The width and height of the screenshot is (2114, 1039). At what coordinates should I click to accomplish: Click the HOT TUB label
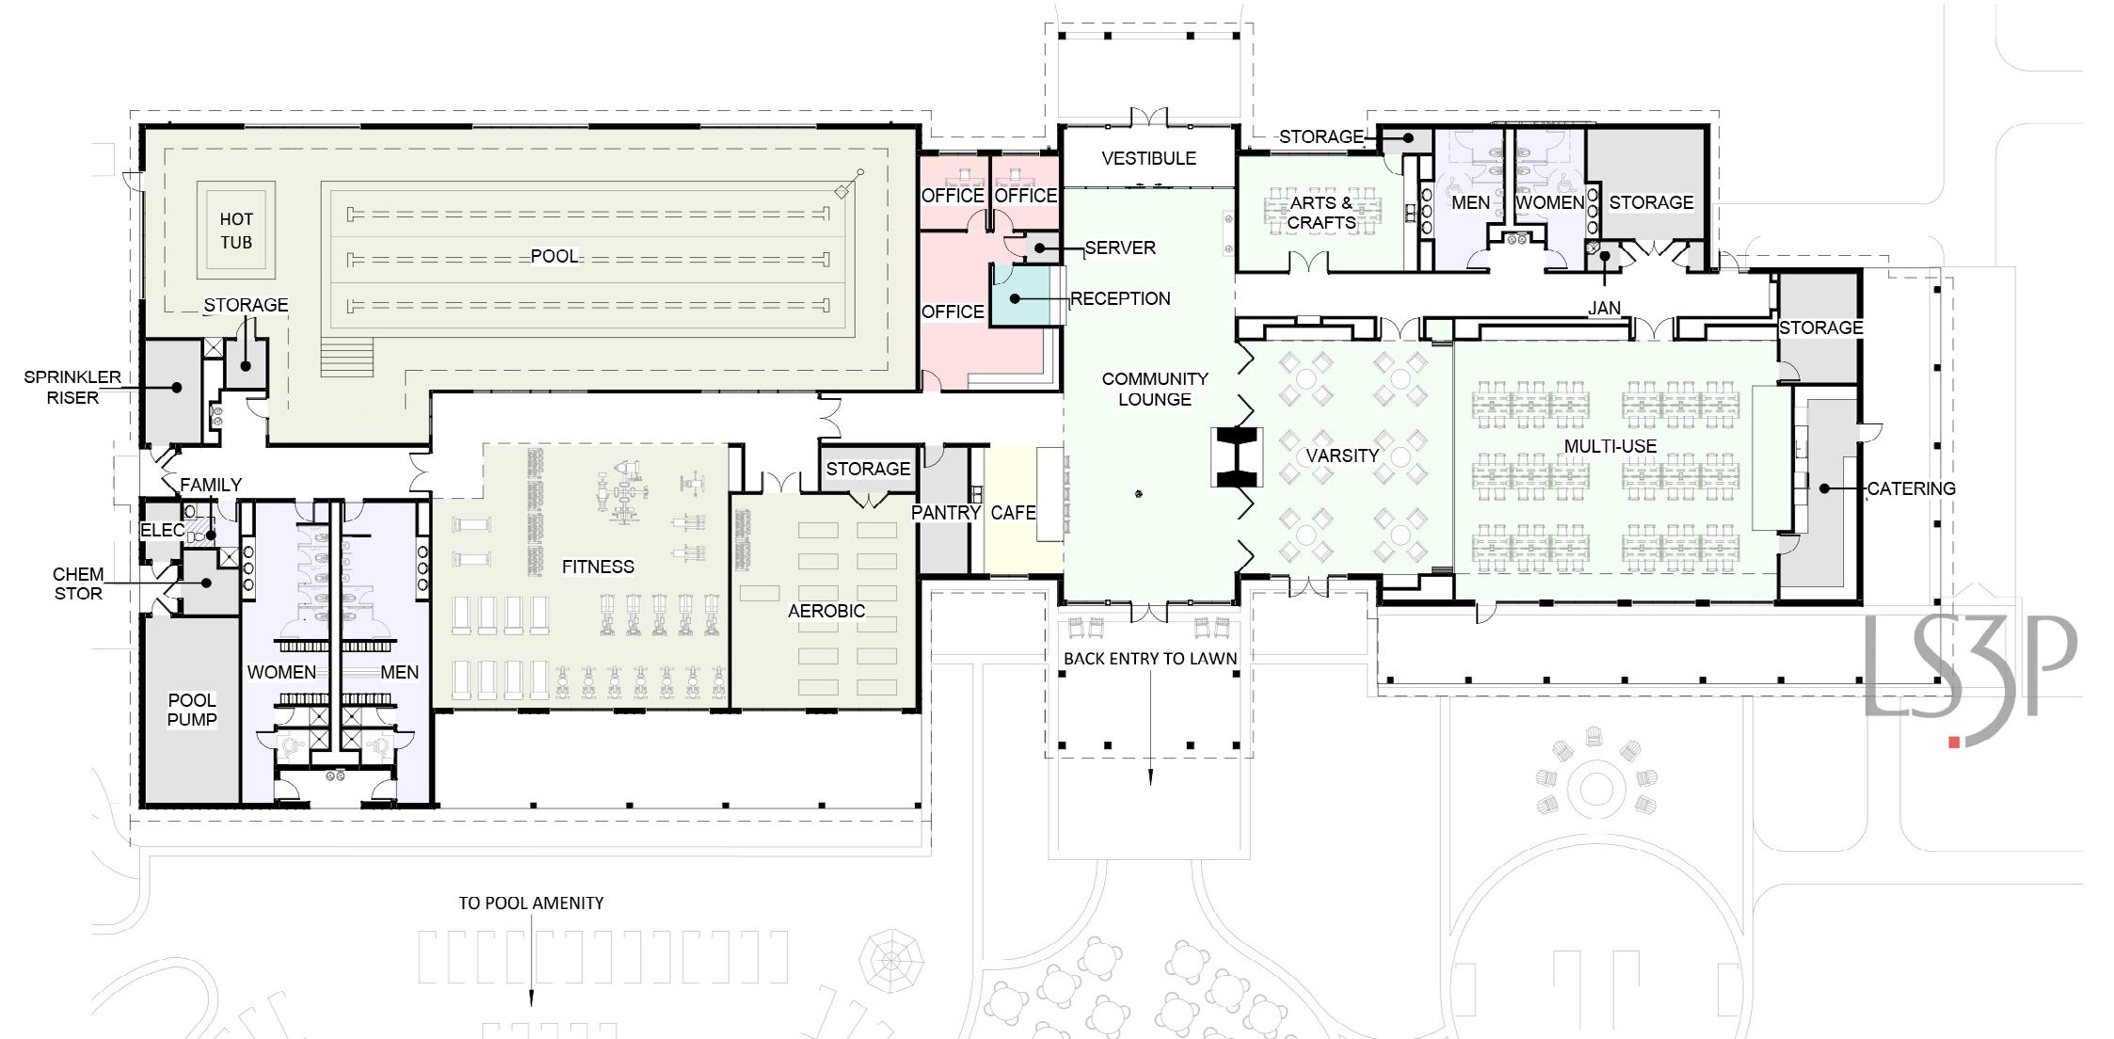coord(236,231)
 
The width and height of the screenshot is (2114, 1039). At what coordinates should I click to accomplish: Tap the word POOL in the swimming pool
coord(554,256)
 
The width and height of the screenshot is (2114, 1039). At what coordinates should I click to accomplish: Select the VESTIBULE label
coord(1148,158)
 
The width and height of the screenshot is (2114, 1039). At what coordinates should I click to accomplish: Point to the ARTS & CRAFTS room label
coord(1321,213)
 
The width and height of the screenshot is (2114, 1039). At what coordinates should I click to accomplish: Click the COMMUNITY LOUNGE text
coord(1155,389)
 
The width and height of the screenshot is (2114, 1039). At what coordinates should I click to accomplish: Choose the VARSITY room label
coord(1342,456)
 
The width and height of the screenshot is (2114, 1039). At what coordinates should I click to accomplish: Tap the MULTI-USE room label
coord(1610,446)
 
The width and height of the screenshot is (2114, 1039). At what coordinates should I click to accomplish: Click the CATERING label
coord(1911,488)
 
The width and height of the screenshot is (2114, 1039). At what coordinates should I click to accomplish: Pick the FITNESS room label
coord(598,567)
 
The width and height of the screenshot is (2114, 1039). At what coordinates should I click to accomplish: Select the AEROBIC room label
coord(826,611)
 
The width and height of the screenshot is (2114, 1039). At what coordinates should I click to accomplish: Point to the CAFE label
coord(1013,513)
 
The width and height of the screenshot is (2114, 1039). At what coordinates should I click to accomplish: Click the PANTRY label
coord(946,513)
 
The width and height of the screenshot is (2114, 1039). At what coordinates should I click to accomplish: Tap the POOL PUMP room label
coord(192,710)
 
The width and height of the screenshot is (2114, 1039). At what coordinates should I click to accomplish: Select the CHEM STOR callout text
coord(78,583)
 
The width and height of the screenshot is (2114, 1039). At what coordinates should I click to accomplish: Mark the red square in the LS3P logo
coord(1954,743)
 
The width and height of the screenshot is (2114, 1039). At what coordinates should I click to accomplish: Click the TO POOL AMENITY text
coord(531,903)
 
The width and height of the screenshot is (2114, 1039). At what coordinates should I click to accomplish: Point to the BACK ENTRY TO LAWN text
coord(1150,659)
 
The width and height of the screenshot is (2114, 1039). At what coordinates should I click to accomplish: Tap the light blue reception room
coord(1025,297)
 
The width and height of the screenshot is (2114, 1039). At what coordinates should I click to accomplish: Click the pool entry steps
coord(347,357)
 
